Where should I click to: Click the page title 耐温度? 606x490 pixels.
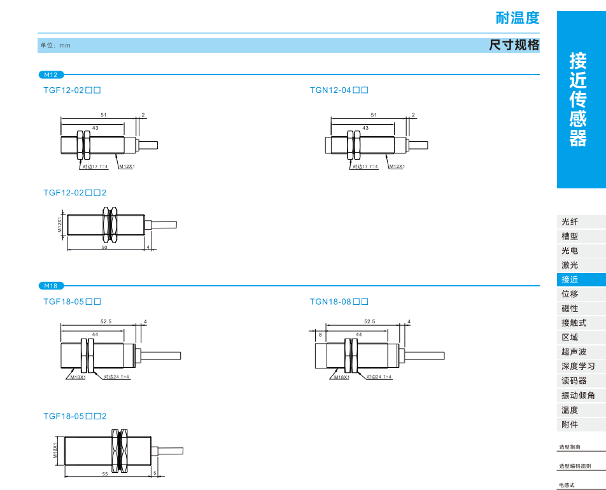click(517, 18)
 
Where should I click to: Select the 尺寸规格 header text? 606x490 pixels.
click(514, 45)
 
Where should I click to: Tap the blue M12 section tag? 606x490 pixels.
click(50, 74)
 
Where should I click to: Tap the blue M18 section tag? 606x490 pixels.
click(50, 286)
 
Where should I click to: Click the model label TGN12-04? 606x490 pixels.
click(339, 90)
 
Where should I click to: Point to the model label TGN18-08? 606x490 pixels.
click(339, 302)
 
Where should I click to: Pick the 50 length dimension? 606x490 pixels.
click(104, 247)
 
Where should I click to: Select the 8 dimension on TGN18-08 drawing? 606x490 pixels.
click(320, 334)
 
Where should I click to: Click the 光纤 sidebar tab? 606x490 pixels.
click(570, 221)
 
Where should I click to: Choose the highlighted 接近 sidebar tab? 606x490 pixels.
click(570, 279)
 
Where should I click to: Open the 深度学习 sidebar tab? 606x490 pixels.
click(578, 366)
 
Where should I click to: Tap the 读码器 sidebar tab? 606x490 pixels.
click(574, 381)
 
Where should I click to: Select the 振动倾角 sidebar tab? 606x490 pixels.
click(578, 395)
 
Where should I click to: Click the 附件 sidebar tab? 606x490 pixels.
click(570, 424)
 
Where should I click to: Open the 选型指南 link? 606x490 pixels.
click(570, 447)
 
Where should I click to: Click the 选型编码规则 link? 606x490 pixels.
click(575, 466)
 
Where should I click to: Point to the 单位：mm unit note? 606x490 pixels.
click(55, 45)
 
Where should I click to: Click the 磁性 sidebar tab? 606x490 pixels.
click(570, 309)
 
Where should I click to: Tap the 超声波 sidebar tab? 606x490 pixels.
click(574, 352)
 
